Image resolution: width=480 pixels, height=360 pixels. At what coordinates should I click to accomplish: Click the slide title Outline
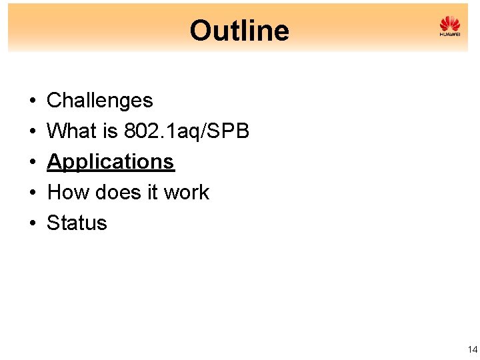239,31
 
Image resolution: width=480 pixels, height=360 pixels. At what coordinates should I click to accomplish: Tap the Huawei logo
450,27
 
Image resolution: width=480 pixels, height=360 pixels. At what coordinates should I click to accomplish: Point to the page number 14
473,349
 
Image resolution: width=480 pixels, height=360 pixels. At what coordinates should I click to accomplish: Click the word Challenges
100,101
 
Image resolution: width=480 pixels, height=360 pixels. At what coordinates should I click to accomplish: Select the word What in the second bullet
72,131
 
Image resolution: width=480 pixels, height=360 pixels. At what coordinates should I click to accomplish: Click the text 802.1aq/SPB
187,131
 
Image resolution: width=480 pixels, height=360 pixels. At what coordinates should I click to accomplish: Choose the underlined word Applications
111,162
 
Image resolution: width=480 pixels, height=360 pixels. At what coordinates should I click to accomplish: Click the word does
122,193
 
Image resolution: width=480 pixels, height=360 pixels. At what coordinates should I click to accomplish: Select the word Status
77,223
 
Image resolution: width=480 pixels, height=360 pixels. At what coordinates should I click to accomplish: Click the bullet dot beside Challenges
32,101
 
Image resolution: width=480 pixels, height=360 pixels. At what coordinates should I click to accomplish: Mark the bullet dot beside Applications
32,163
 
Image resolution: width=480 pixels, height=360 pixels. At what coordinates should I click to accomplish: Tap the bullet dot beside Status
32,224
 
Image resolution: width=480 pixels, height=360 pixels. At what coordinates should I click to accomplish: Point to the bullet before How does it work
32,193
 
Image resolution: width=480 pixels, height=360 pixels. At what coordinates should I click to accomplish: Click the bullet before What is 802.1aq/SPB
32,132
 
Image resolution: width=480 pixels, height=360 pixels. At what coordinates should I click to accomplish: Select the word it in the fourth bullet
154,193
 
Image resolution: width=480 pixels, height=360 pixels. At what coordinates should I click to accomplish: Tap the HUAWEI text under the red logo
450,35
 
